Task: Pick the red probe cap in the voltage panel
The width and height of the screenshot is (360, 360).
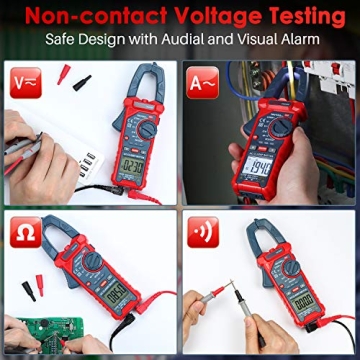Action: point(63,73)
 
